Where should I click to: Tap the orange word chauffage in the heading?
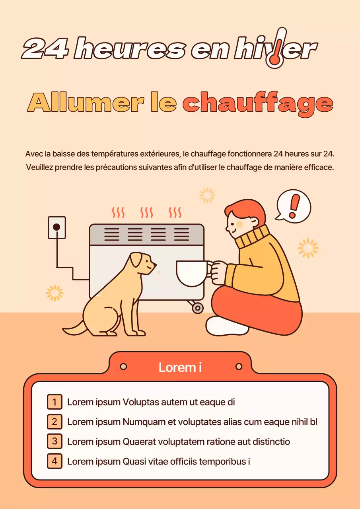pos(257,104)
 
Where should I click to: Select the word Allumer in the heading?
pos(86,103)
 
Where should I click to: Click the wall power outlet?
pos(56,227)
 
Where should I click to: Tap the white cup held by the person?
pos(192,273)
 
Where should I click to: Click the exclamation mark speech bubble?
pos(294,206)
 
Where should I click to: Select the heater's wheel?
pos(197,307)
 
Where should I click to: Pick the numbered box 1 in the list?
pos(54,402)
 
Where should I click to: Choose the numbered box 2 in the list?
pos(54,422)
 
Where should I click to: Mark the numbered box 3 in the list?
pos(54,441)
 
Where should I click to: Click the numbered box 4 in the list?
pos(54,461)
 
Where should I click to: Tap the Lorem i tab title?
pos(180,367)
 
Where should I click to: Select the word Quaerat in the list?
pos(139,442)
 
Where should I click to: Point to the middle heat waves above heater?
pos(147,212)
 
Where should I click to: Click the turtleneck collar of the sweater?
pos(251,237)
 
